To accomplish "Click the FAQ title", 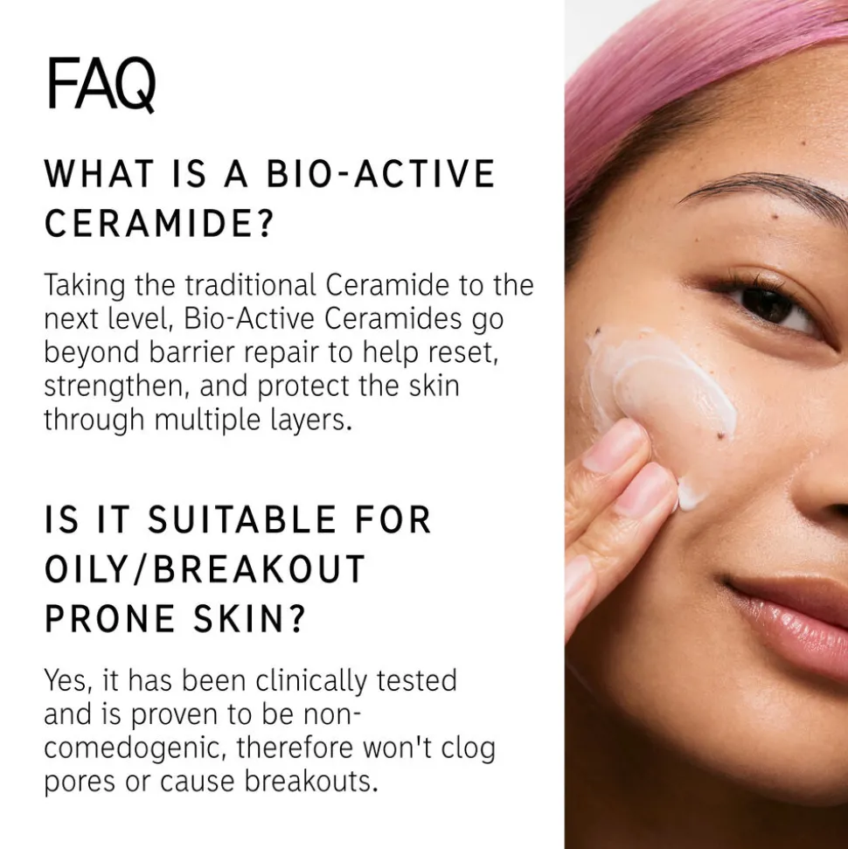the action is pos(101,85).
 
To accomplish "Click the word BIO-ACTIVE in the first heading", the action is pos(380,174).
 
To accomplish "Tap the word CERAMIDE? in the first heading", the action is pos(157,223).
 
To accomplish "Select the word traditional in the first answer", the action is pos(250,285).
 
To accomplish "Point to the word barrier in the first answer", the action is pos(191,352).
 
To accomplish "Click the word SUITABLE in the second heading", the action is pos(242,519).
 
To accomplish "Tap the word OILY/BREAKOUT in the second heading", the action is pos(205,569).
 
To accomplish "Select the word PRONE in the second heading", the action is pos(110,619).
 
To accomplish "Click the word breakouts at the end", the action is pos(310,782).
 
